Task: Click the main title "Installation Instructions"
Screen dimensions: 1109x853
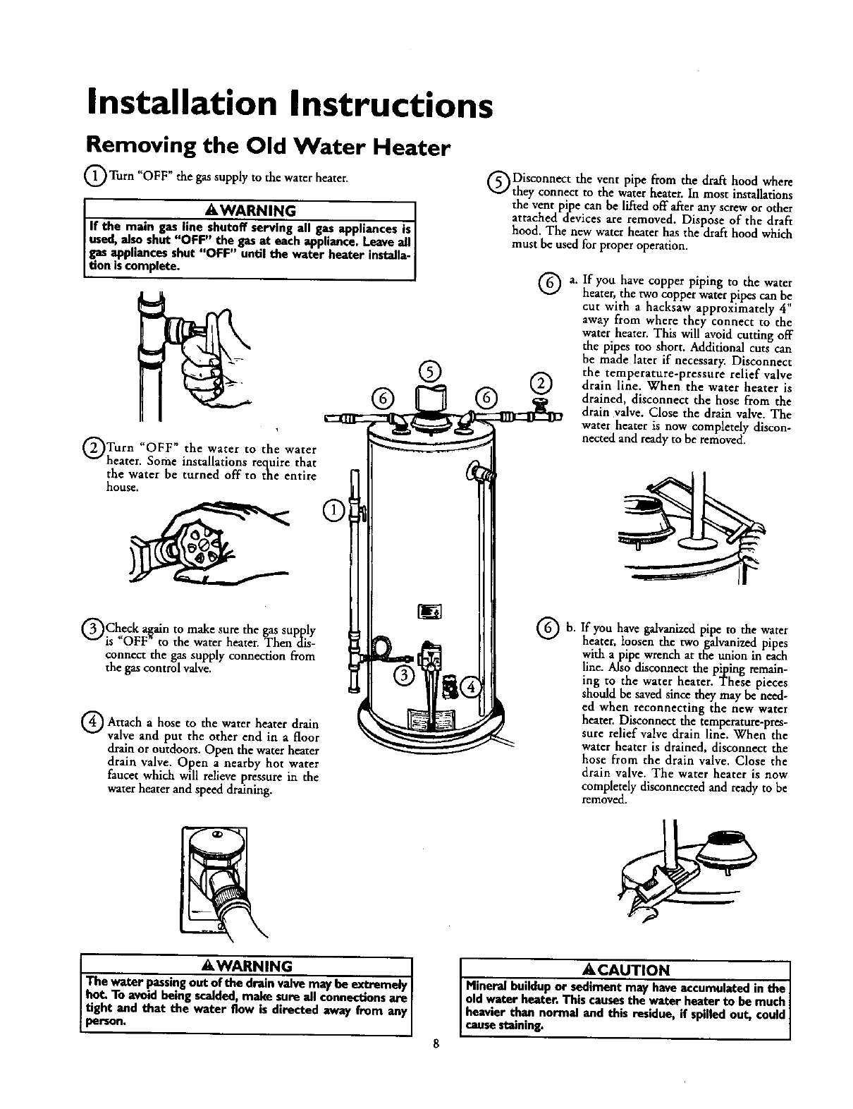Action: [286, 104]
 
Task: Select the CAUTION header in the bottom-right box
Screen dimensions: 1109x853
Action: [625, 969]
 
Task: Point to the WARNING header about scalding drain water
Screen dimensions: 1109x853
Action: [247, 965]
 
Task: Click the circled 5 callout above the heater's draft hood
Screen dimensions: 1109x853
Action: [429, 370]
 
